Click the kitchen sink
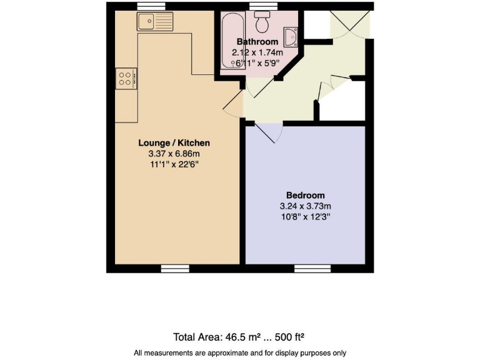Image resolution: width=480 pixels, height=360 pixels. [x=154, y=22]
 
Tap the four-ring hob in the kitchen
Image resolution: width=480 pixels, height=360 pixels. [x=125, y=79]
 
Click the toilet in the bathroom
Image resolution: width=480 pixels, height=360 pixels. [x=261, y=22]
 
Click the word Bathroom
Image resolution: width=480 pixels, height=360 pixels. [x=257, y=42]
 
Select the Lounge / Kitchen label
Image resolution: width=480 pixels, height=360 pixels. [x=174, y=142]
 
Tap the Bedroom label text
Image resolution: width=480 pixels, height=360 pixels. [x=306, y=195]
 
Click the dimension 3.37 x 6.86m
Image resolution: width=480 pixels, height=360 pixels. [x=174, y=153]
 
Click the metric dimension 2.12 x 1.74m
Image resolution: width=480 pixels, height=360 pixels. [x=257, y=52]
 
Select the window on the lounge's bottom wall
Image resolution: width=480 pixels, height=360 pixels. [x=175, y=268]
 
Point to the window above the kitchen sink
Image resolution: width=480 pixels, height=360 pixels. [x=152, y=6]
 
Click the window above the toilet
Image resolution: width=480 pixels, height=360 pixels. [x=263, y=6]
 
